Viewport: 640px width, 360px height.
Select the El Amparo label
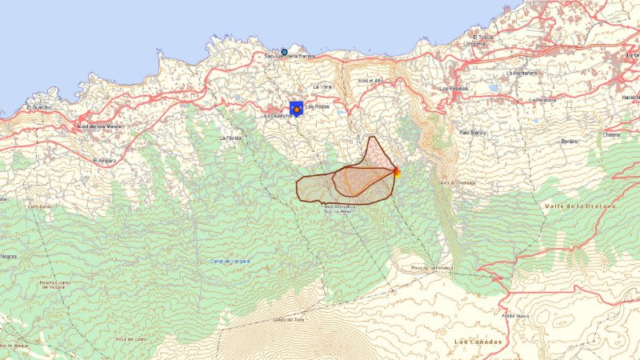pos(105,160)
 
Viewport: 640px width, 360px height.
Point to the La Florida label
pos(230,138)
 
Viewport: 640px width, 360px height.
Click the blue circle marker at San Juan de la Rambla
pos(284,52)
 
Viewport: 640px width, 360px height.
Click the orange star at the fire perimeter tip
pos(396,170)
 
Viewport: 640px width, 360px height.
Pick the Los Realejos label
pos(454,88)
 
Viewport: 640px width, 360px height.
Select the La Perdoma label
pos(542,100)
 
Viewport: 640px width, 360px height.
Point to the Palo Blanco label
pos(474,131)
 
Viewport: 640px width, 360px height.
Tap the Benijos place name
pos(570,141)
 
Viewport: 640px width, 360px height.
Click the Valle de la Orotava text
pos(582,206)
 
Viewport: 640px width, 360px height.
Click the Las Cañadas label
pos(478,342)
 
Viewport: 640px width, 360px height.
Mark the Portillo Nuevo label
pos(517,315)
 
